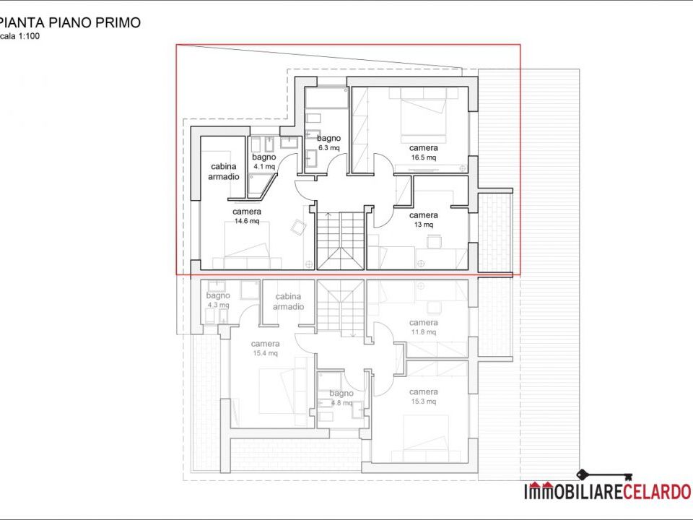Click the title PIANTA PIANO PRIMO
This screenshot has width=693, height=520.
70,22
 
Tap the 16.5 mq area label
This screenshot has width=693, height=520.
424,157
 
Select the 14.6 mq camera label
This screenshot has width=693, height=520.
247,216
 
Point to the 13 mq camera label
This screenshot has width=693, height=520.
424,220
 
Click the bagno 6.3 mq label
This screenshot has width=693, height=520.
329,143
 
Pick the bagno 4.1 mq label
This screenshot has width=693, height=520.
264,161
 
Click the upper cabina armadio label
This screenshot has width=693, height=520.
224,172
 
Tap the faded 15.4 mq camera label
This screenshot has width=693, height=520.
265,348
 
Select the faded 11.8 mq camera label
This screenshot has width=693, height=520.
424,327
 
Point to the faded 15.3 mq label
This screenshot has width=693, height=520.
424,402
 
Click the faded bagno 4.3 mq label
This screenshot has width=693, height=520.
218,300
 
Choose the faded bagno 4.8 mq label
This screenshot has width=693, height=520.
341,398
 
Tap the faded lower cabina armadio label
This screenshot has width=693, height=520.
288,302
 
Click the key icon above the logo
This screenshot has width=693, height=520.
605,476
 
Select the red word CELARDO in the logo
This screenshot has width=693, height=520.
657,492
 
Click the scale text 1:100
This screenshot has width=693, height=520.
29,36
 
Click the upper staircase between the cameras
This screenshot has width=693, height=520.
341,240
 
